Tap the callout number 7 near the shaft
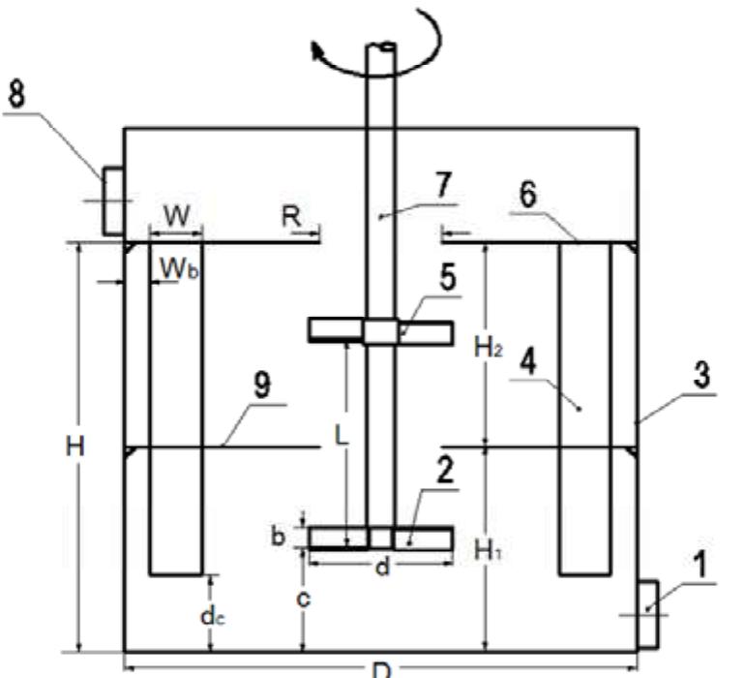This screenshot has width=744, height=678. click(x=443, y=184)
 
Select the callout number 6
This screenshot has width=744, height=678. click(x=527, y=195)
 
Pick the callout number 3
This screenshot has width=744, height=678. click(x=701, y=375)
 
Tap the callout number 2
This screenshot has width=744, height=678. click(x=445, y=471)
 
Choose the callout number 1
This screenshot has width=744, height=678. click(x=700, y=565)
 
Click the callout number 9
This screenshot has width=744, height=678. click(x=262, y=385)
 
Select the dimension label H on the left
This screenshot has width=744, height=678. click(x=74, y=447)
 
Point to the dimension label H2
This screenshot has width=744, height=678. click(x=489, y=348)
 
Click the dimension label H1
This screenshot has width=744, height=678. click(x=489, y=551)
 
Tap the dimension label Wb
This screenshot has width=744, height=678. click(x=179, y=269)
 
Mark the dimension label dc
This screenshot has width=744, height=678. click(x=213, y=617)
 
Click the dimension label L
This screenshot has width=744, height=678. click(x=342, y=435)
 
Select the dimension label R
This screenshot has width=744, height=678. click(x=291, y=217)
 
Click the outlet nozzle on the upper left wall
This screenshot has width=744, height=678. click(x=114, y=200)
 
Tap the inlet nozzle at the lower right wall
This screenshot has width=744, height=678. click(x=648, y=614)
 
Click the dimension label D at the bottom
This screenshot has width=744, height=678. click(x=381, y=670)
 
